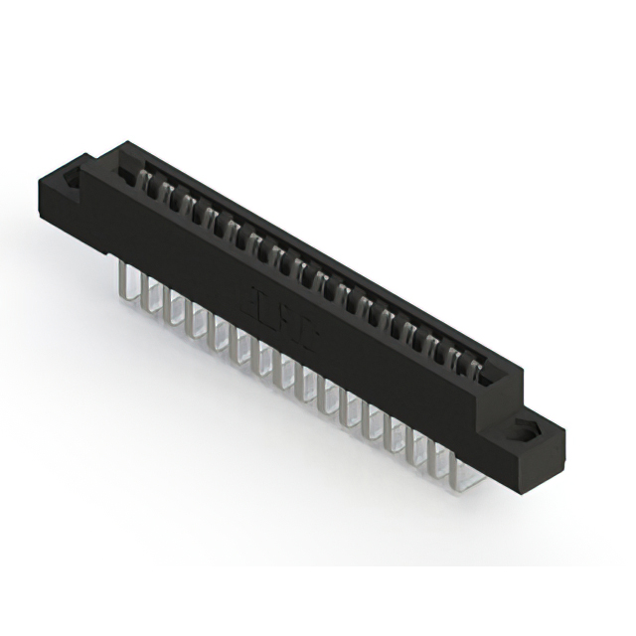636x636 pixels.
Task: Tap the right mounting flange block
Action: [532, 447]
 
